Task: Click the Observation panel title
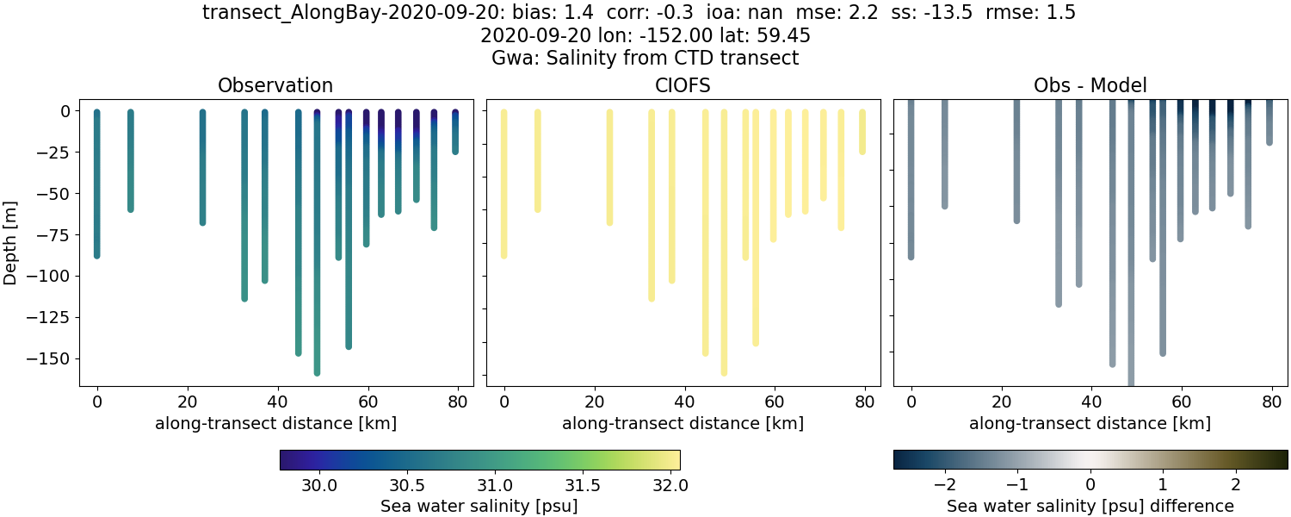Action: tap(275, 85)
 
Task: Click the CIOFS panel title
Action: tap(683, 85)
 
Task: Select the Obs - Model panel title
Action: tap(1090, 85)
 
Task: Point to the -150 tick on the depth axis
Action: tap(53, 358)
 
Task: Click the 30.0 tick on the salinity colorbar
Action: tap(319, 486)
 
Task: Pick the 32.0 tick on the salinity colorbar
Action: tap(670, 486)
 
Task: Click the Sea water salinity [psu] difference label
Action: tap(1090, 506)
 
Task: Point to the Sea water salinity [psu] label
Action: tap(479, 506)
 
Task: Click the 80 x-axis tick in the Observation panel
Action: tap(457, 401)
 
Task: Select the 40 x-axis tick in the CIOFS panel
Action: tap(684, 401)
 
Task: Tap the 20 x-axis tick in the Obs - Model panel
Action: tap(1001, 401)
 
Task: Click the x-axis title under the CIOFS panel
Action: tap(683, 423)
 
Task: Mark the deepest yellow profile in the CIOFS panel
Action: tap(724, 241)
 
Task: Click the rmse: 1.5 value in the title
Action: tap(1030, 13)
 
